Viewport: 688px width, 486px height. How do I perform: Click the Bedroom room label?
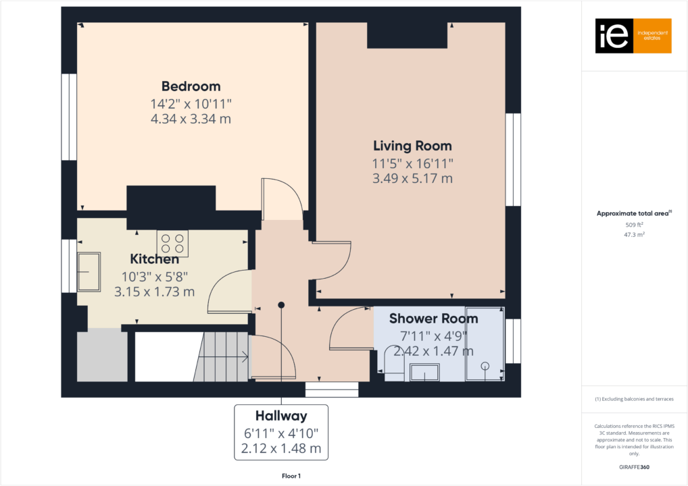coord(191,86)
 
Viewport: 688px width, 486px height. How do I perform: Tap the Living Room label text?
coord(412,146)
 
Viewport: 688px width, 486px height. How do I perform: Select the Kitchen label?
coord(154,259)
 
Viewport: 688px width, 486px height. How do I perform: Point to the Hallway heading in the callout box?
coord(280,416)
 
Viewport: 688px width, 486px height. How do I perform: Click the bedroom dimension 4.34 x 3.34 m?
coord(191,119)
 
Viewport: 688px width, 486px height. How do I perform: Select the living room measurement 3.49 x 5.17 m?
coord(412,179)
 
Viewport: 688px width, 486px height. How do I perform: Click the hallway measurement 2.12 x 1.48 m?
coord(280,448)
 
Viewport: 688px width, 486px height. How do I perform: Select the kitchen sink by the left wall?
coord(89,272)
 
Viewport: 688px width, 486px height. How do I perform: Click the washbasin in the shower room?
coord(424,373)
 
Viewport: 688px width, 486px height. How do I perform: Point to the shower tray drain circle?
coord(485,366)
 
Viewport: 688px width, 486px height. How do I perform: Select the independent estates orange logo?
coord(633,36)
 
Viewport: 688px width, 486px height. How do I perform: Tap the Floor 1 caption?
coord(291,476)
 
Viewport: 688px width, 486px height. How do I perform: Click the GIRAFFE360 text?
coord(633,466)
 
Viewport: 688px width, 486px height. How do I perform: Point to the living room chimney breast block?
coord(407,34)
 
